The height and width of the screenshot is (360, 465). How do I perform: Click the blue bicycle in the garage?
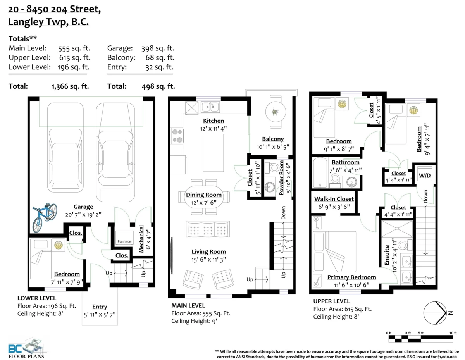[x=45, y=217]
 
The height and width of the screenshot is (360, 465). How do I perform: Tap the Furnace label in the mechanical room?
[x=124, y=241]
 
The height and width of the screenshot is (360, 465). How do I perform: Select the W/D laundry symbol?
[x=425, y=176]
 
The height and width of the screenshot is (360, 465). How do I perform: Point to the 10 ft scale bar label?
[x=453, y=333]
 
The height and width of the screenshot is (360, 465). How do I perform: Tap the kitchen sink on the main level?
[x=210, y=107]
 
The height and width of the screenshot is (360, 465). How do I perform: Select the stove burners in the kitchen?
[x=177, y=136]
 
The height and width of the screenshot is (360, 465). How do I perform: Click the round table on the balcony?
[x=276, y=112]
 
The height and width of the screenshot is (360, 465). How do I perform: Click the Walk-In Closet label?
[x=334, y=199]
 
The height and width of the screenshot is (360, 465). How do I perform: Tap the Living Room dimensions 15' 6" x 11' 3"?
[x=208, y=260]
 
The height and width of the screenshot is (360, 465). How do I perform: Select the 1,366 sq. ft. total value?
[x=70, y=86]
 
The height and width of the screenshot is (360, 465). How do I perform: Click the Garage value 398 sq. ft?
[x=158, y=48]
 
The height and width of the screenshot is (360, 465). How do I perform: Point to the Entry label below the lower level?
[x=100, y=307]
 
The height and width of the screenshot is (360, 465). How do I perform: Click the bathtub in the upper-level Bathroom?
[x=320, y=173]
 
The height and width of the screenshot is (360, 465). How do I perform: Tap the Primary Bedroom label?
[x=351, y=277]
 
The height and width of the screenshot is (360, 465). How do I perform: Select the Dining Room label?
[x=204, y=195]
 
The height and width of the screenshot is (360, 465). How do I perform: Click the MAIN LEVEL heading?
[x=188, y=305]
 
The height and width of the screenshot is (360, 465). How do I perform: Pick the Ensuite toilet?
[x=405, y=245]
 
